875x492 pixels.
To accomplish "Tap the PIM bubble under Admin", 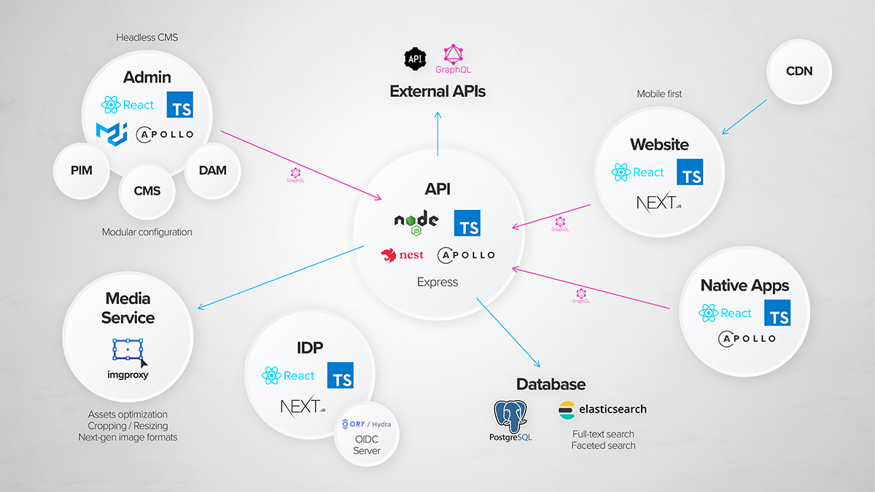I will click(81, 171).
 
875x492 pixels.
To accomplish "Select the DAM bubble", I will click(212, 170).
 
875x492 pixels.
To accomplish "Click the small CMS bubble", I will click(147, 192).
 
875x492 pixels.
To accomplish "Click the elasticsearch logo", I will click(602, 409).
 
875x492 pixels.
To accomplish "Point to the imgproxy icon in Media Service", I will click(129, 352).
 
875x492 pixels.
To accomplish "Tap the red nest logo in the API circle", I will click(402, 255).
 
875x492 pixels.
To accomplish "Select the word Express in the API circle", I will click(437, 282).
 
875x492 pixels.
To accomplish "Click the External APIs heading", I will click(437, 91).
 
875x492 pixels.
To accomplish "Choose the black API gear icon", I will click(416, 58).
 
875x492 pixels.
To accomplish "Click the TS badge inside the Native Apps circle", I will click(777, 313).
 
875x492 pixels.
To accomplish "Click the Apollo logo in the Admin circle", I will click(165, 134).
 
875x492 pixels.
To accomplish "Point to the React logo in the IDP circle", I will click(288, 376).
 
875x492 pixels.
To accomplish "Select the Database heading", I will click(551, 384).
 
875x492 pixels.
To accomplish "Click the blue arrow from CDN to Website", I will click(744, 117).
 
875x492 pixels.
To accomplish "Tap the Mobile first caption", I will click(660, 94).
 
